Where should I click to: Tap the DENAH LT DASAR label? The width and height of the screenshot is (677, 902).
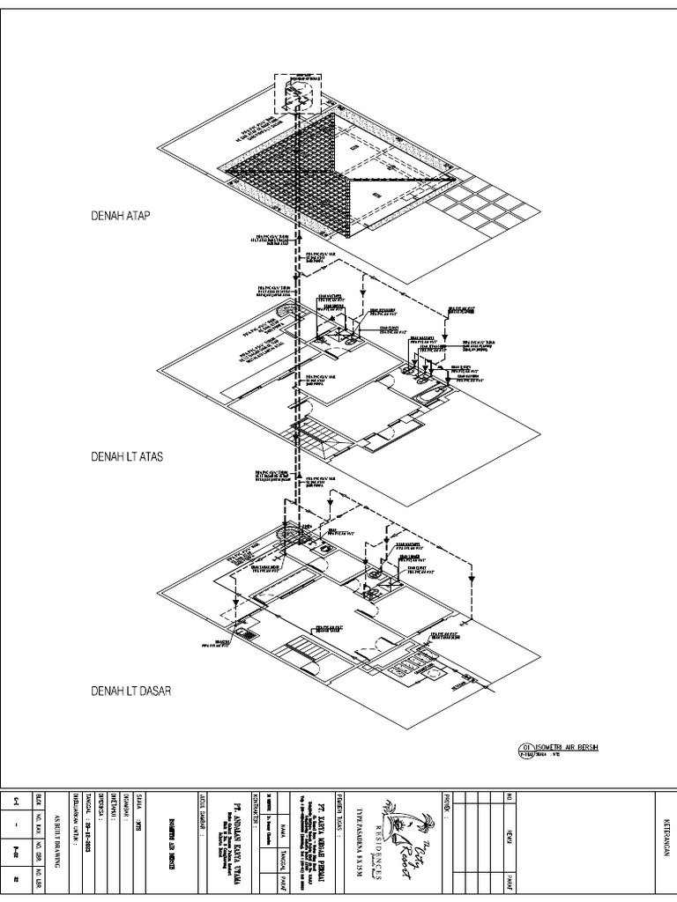[130, 691]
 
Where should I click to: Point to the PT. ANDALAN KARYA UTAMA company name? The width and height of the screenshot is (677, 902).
[234, 834]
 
